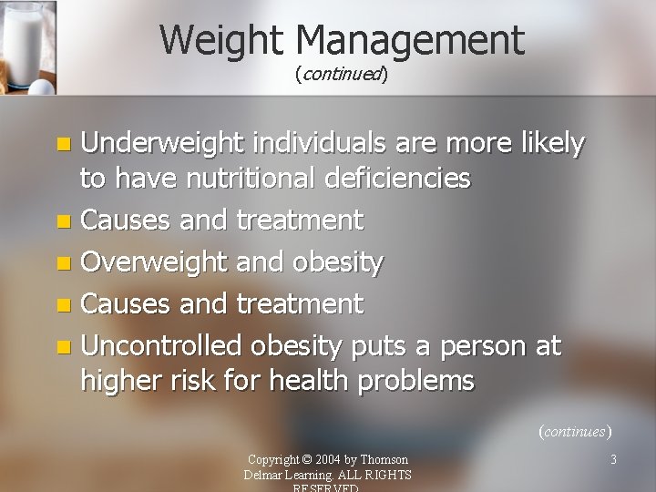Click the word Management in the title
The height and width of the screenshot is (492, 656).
coord(410,40)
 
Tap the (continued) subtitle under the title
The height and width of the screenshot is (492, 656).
coord(342,74)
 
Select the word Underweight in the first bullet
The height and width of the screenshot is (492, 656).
coord(164,143)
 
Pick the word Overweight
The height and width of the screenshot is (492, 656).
coord(154,262)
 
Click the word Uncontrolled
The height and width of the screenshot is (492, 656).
coord(161,346)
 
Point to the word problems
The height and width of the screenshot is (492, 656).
coord(416,380)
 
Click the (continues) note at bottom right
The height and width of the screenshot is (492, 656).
coord(574,431)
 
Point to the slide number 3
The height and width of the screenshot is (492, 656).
coord(613,459)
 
